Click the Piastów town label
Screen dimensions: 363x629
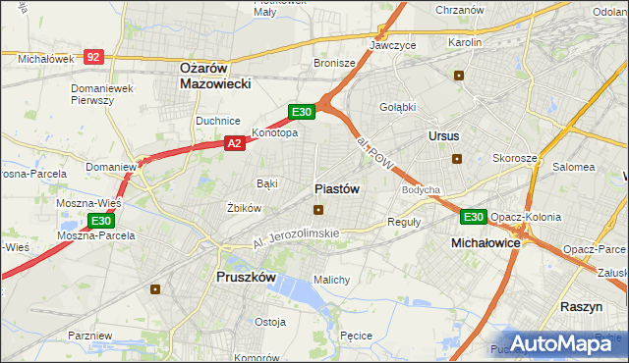337,188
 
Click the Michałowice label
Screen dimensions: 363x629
485,241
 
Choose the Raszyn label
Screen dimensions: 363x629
581,307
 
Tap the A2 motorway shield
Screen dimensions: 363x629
234,143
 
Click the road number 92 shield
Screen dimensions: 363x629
93,58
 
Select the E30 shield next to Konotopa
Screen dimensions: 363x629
302,113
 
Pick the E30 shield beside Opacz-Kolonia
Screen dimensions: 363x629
473,217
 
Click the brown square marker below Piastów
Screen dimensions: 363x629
318,209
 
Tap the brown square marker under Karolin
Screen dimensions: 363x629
458,76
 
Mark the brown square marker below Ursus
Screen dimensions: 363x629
456,159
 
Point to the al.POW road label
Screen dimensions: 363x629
374,151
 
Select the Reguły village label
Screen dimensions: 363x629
404,222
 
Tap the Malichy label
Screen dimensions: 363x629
331,280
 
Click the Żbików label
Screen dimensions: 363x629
244,208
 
